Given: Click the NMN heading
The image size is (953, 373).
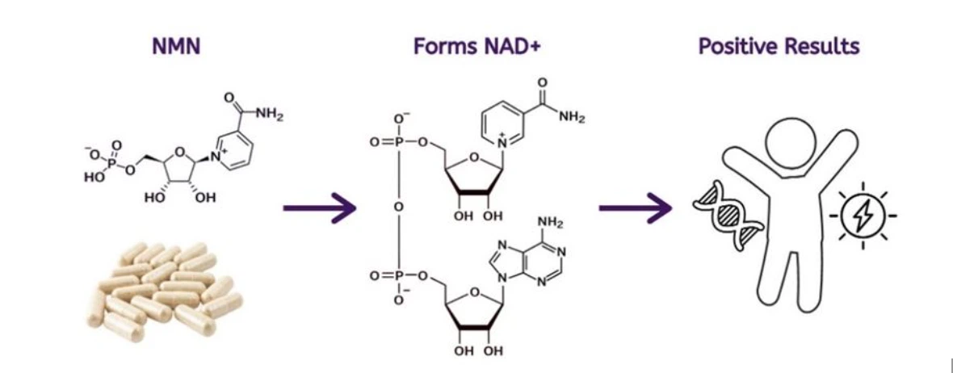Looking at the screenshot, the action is point(175,47).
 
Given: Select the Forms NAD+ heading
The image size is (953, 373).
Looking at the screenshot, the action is point(476,47).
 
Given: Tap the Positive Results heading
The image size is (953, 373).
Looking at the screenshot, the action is point(779,47).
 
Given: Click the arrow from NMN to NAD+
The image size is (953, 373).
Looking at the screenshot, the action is point(319,208).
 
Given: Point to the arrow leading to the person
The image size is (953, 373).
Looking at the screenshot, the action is point(635,208).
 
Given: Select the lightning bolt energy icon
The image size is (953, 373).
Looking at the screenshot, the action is point(863,216).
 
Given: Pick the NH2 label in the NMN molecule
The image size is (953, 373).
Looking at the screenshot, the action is point(269,114).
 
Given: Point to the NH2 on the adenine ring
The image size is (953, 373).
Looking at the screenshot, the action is point(550,224).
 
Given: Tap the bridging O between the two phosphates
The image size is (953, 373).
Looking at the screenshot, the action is point(398,207).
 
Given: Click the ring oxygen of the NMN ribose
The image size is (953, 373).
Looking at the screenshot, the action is point(178,151).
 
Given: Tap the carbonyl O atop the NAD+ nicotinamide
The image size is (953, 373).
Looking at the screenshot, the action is point(542,82).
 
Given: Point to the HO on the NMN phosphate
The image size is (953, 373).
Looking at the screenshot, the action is point(94,177).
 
